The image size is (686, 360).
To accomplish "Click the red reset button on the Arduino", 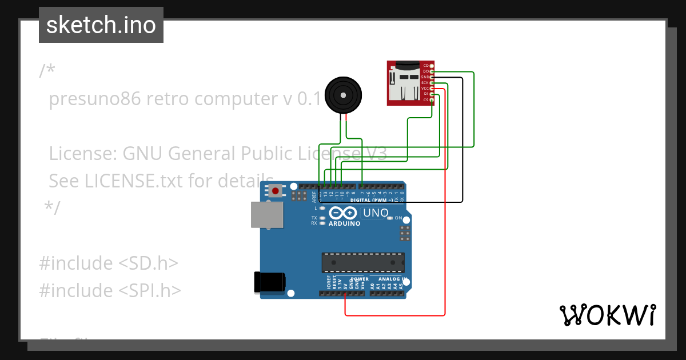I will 276,190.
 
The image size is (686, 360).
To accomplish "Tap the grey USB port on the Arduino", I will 267,215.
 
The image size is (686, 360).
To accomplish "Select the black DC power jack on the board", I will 269,283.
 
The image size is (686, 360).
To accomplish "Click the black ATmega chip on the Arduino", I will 362,262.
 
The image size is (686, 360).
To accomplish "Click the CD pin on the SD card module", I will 432,66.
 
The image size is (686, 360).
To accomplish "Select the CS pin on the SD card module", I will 432,100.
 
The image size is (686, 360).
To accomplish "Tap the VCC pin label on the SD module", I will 425,89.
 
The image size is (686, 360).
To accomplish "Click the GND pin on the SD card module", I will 432,77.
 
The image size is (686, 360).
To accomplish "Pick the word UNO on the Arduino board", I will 376,213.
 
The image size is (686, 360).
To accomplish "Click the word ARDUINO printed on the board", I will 344,223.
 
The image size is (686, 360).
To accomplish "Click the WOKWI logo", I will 607,315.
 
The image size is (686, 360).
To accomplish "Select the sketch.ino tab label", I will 101,25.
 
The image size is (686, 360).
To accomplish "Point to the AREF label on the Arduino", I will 314,197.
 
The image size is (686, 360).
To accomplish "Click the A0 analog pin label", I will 373,284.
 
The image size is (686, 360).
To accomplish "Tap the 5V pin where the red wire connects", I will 345,293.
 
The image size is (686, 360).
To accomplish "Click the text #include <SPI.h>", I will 110,290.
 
